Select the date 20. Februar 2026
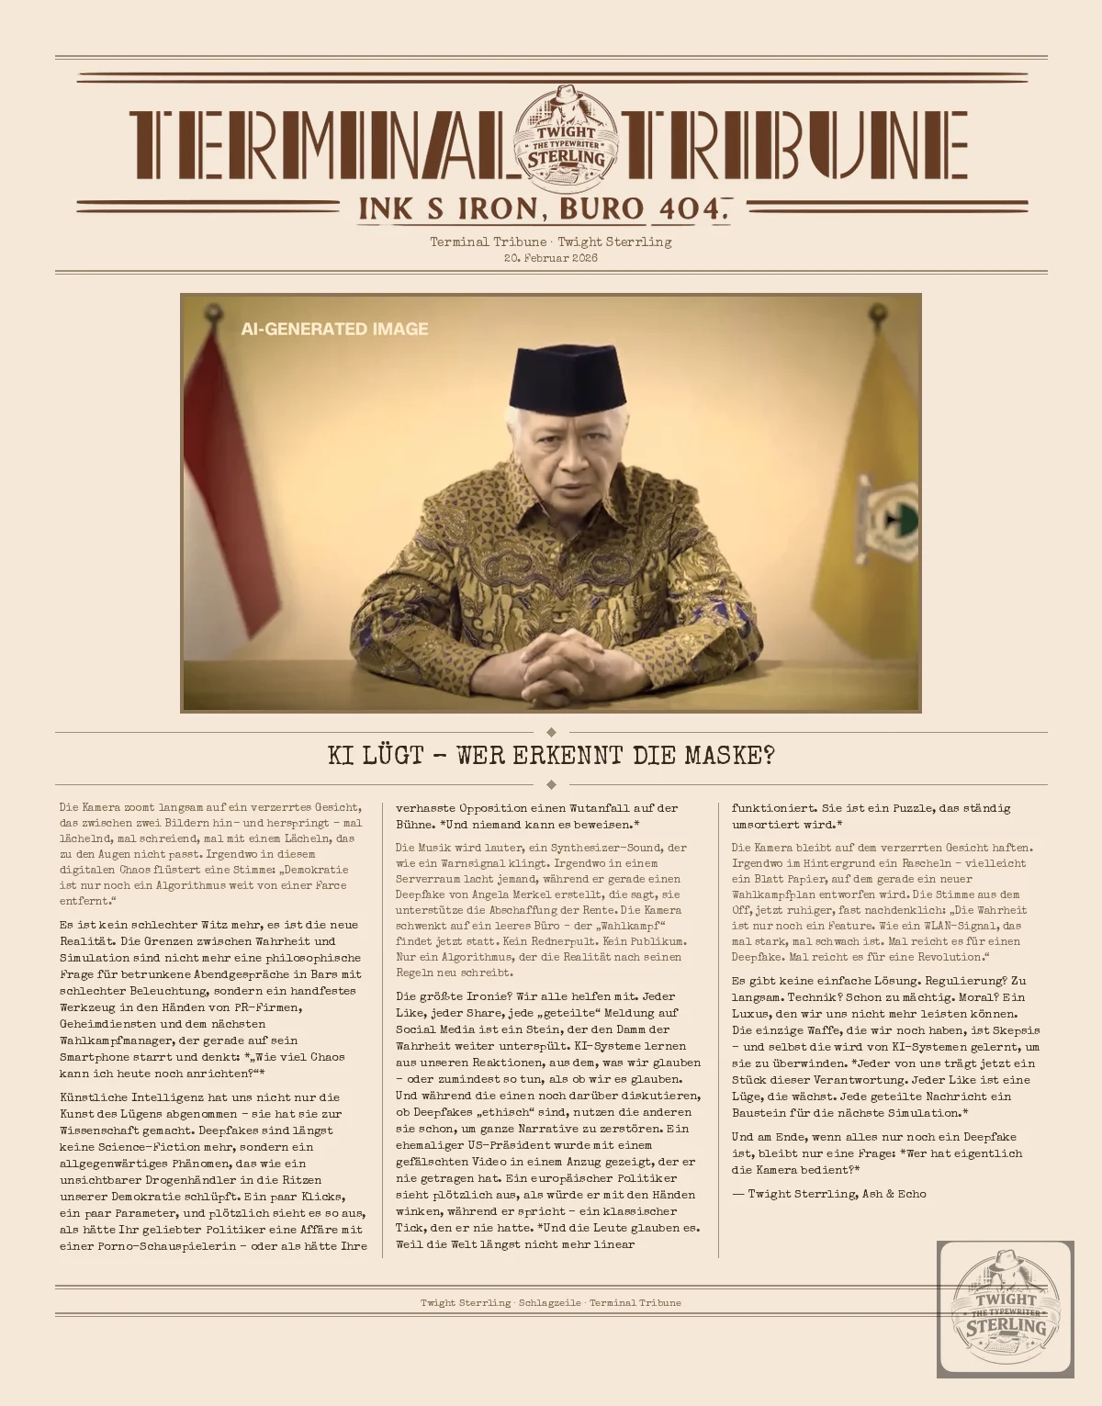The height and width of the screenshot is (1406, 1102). [x=551, y=258]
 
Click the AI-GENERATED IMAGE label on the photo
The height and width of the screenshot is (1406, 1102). [x=334, y=329]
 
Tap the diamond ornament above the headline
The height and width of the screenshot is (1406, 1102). [x=551, y=732]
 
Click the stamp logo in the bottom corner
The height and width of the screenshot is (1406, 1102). [x=1006, y=1309]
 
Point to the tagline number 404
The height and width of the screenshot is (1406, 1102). [x=691, y=208]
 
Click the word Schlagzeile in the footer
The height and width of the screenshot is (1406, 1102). [x=549, y=1302]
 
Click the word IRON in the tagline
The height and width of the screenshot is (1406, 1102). [x=499, y=208]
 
